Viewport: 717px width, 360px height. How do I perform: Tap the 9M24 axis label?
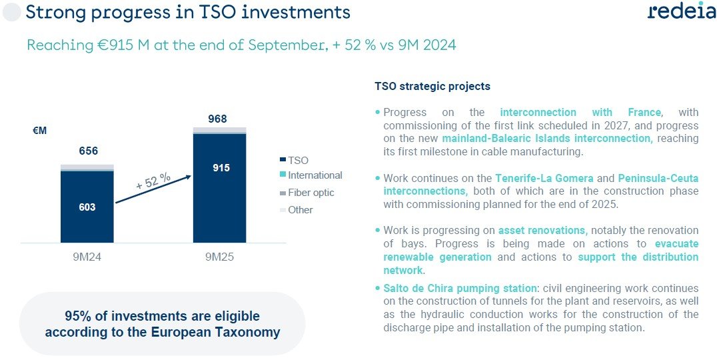click(87, 256)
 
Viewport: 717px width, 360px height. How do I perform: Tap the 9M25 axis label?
click(219, 256)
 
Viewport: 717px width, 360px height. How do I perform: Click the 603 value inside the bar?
click(87, 207)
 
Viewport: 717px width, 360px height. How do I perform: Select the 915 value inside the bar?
click(221, 168)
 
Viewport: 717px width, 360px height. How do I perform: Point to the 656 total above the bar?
click(87, 151)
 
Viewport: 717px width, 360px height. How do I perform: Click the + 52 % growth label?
click(153, 181)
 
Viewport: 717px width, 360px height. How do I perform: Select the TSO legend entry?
click(298, 160)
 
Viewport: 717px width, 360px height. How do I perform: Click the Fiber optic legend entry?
click(311, 193)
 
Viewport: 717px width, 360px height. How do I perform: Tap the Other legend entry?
click(300, 210)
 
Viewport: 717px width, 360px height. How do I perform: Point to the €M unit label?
click(40, 131)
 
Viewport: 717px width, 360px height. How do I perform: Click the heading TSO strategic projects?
click(432, 87)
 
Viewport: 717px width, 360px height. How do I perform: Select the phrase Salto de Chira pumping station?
click(460, 289)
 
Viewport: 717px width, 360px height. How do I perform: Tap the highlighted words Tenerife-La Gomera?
click(539, 179)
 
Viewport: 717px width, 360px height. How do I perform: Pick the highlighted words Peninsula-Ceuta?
click(658, 179)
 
